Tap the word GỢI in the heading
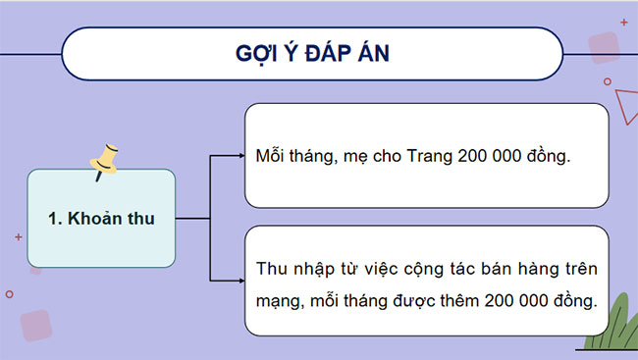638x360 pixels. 257,53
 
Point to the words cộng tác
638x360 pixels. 435,268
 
